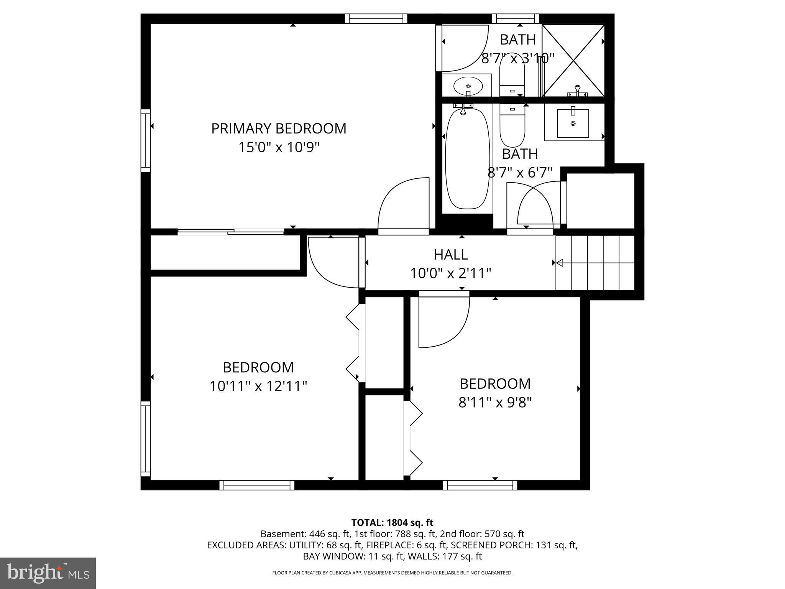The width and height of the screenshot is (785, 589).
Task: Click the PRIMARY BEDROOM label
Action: pos(279,128)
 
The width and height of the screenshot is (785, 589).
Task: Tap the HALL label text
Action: pos(450,255)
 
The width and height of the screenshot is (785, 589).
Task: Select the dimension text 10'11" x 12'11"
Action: pos(258,386)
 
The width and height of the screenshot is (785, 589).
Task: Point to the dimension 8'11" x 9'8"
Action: pos(495,403)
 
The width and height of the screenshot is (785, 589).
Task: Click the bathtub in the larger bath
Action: pos(467,159)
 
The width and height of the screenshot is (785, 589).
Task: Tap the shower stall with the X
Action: pos(573,60)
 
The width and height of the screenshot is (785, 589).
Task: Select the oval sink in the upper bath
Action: pos(468,86)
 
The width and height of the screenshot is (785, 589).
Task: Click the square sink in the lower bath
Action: pos(573,123)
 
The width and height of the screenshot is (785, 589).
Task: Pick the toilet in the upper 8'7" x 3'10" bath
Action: pos(512,79)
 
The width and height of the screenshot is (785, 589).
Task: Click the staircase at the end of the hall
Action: pos(595,263)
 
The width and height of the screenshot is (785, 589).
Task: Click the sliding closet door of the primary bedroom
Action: pos(230,232)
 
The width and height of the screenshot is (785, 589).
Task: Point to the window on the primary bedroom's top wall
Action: pos(376,18)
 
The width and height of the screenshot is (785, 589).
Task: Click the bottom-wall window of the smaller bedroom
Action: pos(480,485)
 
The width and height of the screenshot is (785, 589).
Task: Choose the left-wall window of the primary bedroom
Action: pos(146,140)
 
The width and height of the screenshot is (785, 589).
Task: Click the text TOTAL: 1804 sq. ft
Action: pos(392,522)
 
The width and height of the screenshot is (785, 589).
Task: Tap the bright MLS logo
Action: pos(48,573)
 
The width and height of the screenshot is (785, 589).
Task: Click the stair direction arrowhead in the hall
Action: pos(559,263)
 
